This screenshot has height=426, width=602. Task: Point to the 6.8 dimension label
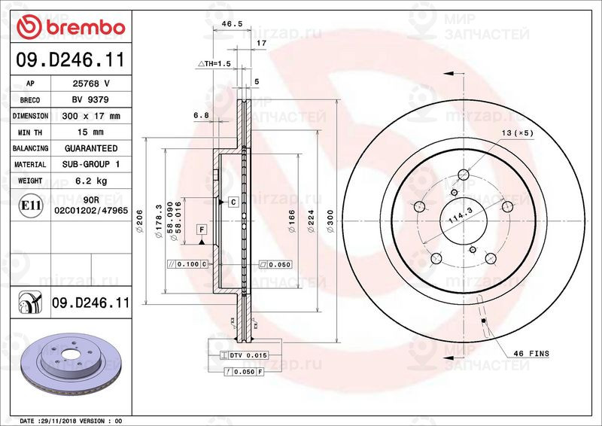pos(200,115)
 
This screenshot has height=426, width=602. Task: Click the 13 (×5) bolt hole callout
pos(518,132)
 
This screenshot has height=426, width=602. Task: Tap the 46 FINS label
pos(531,353)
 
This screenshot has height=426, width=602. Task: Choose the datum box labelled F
pos(202,229)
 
